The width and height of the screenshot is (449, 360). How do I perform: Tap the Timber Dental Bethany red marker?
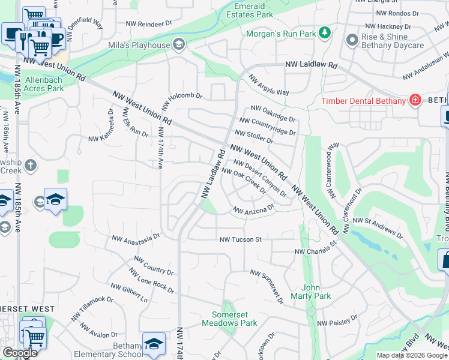[x=414, y=100]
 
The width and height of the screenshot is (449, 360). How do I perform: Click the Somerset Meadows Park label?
[x=234, y=319]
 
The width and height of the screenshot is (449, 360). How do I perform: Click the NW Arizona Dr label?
[x=253, y=211]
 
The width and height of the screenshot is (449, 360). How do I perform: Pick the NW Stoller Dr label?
[x=253, y=137]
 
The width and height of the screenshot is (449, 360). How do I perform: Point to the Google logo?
[x=20, y=353]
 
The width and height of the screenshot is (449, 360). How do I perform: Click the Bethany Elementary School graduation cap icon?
[x=154, y=344]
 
